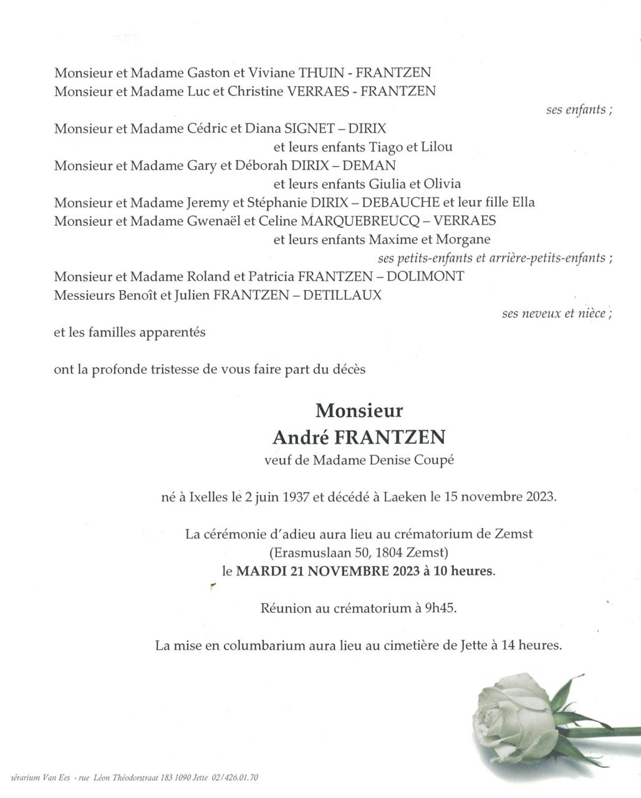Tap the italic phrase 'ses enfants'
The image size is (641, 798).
pos(576,110)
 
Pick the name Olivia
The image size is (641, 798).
pos(442,184)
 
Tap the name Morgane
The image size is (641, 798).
pos(463,239)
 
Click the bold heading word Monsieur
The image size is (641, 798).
pos(359,411)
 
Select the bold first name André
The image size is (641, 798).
pos(301,438)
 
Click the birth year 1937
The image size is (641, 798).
pos(296,498)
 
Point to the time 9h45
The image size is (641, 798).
pos(440,608)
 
